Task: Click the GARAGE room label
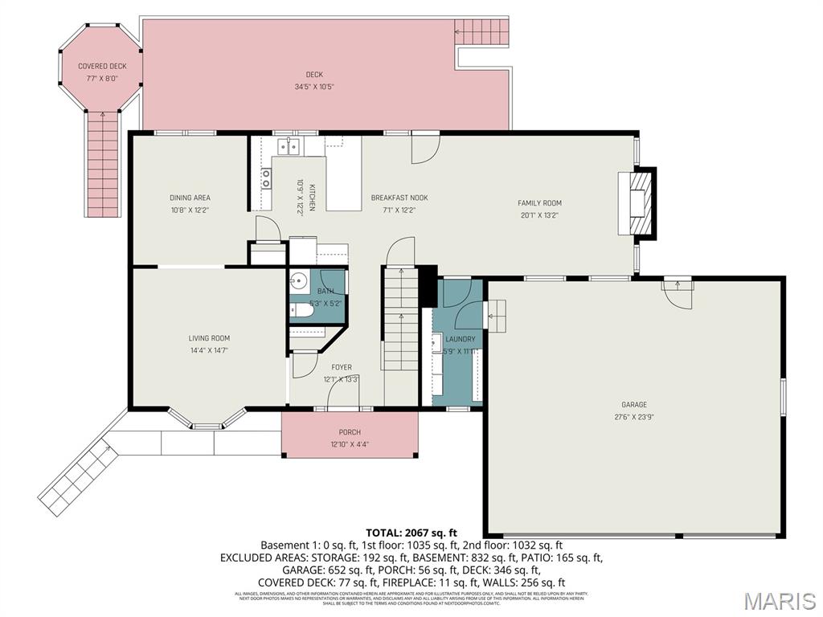click(x=633, y=405)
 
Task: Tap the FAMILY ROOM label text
click(x=539, y=203)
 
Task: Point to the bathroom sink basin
click(x=298, y=282)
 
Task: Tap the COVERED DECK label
click(x=101, y=66)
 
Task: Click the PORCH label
click(x=350, y=432)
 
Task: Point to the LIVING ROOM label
click(x=210, y=338)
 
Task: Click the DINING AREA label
click(x=190, y=198)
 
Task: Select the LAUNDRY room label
click(x=460, y=339)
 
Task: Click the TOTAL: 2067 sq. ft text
click(x=411, y=532)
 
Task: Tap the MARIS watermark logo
click(x=780, y=600)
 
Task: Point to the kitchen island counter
click(x=343, y=184)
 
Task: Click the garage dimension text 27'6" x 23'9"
click(x=633, y=417)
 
